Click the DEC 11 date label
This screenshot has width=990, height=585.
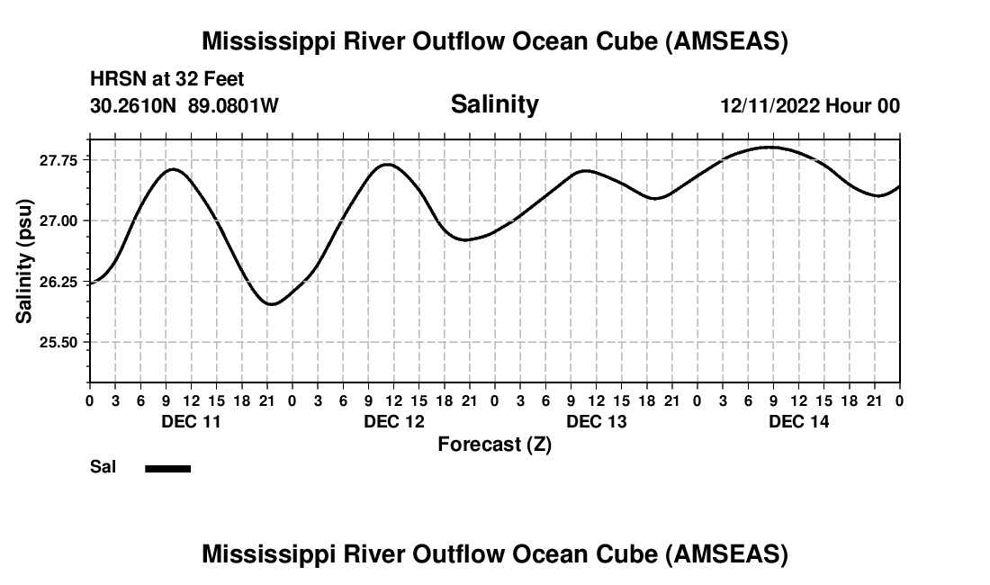point(191,421)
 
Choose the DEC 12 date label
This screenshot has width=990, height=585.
point(393,421)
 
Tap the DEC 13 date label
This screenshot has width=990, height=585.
point(597,421)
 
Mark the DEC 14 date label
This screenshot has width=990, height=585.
point(799,421)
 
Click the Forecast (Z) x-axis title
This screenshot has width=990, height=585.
point(494,444)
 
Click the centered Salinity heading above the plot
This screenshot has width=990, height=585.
point(494,104)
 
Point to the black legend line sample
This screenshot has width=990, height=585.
point(168,468)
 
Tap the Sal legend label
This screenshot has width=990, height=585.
point(103,467)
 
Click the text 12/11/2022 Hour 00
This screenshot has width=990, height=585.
point(810,106)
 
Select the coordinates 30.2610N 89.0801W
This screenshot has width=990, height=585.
point(184,106)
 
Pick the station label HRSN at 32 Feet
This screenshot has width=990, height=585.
point(166,80)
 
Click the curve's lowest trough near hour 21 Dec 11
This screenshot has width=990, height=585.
point(272,304)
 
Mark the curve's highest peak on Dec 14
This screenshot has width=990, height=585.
point(769,147)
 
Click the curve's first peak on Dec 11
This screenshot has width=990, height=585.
point(173,169)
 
